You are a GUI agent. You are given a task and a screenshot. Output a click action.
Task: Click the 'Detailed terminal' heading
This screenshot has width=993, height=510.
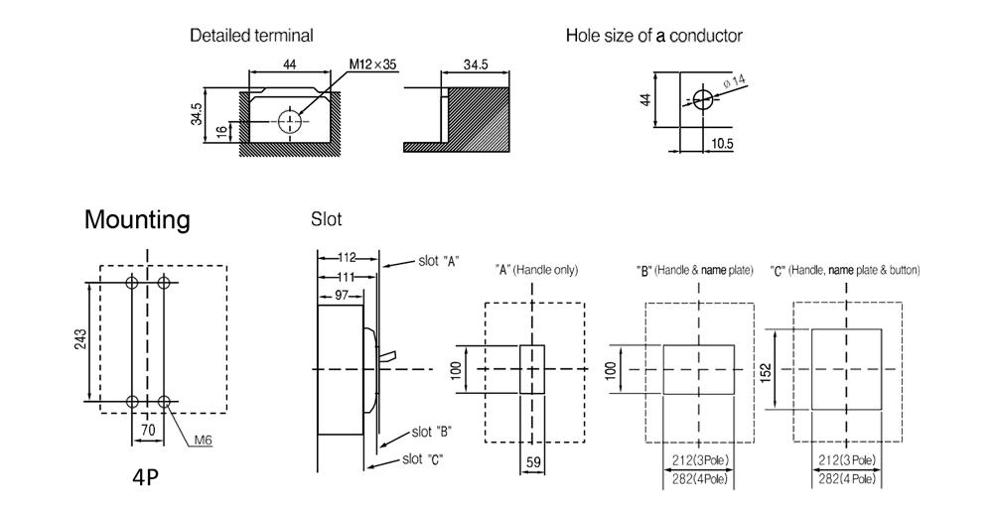click(x=251, y=36)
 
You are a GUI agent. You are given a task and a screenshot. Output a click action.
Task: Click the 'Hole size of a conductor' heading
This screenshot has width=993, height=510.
click(x=653, y=36)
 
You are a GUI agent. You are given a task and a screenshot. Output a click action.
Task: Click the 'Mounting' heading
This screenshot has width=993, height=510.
click(x=137, y=219)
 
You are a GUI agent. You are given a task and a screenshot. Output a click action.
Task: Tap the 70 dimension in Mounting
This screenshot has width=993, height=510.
click(x=148, y=433)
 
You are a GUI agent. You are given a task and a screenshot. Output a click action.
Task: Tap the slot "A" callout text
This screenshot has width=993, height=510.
click(x=437, y=262)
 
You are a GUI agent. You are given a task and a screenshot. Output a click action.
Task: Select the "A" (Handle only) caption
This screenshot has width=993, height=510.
click(x=536, y=270)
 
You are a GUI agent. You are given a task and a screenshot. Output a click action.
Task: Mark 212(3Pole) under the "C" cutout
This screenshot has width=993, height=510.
click(x=847, y=459)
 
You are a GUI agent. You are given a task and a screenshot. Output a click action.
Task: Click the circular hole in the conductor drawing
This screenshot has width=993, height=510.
click(x=702, y=99)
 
